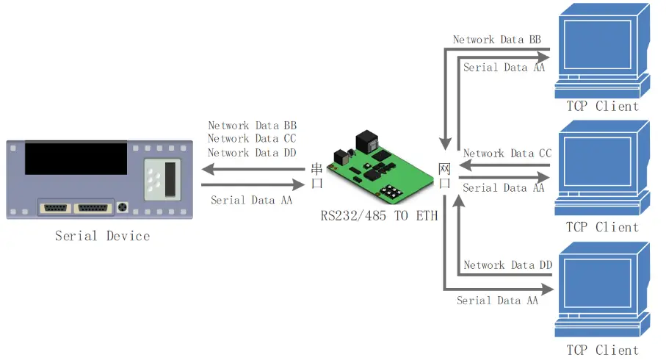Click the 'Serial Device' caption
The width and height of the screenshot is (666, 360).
(x=102, y=236)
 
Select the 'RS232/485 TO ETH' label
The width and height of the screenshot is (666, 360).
(x=380, y=216)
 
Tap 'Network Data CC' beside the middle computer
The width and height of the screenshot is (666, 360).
(x=507, y=154)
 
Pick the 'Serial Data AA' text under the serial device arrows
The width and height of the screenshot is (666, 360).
(x=251, y=200)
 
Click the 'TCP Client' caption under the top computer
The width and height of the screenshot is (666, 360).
(x=602, y=106)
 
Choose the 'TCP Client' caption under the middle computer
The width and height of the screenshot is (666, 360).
(x=602, y=227)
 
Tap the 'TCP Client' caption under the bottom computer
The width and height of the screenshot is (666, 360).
(x=602, y=350)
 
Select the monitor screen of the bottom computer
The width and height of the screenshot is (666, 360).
(x=596, y=283)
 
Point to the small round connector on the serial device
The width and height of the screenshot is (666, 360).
(x=123, y=207)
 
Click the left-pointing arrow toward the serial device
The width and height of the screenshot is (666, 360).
(x=253, y=170)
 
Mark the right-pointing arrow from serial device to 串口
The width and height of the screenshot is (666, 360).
(x=253, y=185)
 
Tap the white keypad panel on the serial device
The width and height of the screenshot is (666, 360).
(x=161, y=179)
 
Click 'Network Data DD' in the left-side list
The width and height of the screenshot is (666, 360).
(x=252, y=153)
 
